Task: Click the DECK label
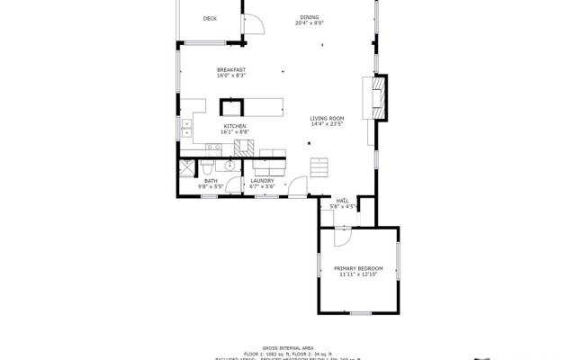tap(210, 18)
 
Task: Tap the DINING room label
tap(309, 17)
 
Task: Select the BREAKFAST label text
tap(231, 69)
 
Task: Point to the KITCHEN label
tap(235, 126)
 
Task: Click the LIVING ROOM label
tap(327, 118)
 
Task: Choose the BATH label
tap(211, 180)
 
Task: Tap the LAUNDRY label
tap(262, 180)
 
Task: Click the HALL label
tap(342, 201)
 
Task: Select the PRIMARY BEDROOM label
tap(358, 268)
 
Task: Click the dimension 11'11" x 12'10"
tap(358, 274)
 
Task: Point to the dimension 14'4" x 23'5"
tap(327, 124)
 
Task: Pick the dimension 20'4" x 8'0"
tap(309, 23)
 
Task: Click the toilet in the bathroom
tap(207, 167)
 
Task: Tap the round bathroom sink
tap(229, 166)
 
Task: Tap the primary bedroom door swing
tap(342, 235)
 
